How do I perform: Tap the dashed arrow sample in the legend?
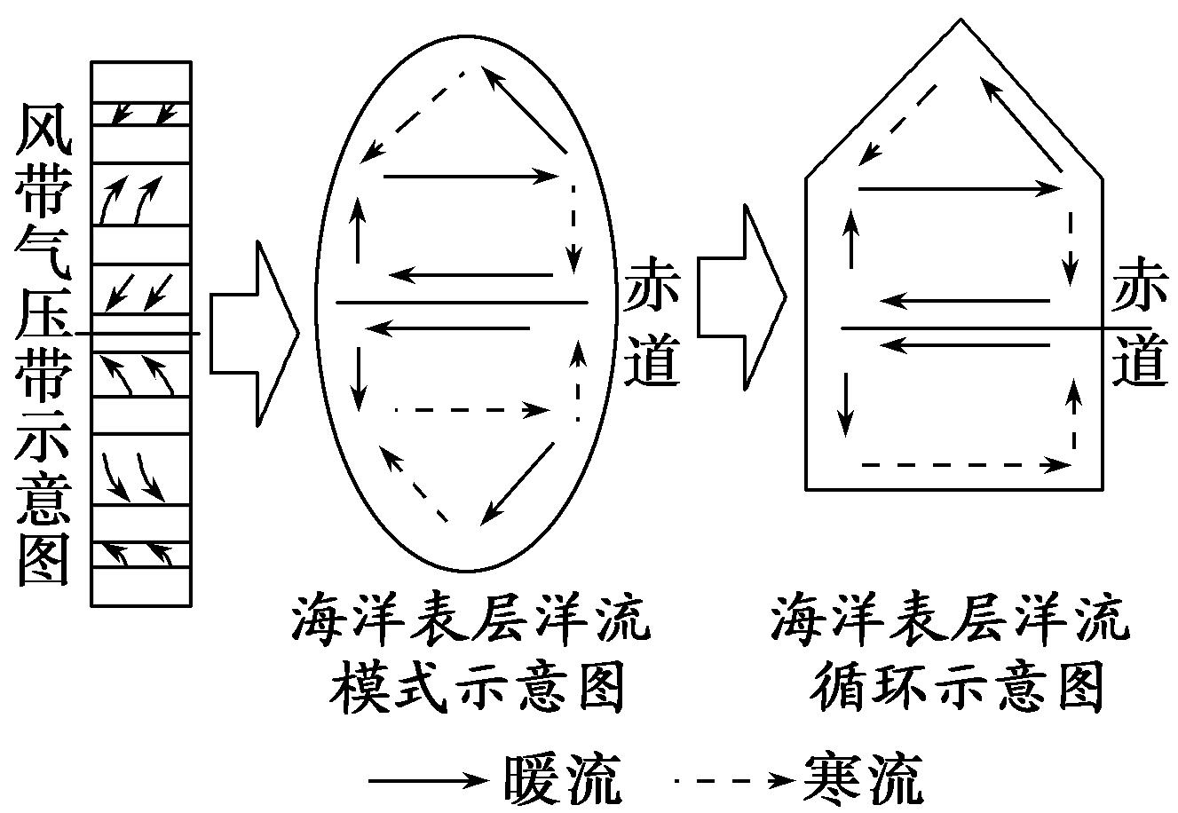pos(732,781)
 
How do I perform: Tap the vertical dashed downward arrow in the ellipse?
pos(574,227)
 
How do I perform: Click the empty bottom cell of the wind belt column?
pos(141,587)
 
